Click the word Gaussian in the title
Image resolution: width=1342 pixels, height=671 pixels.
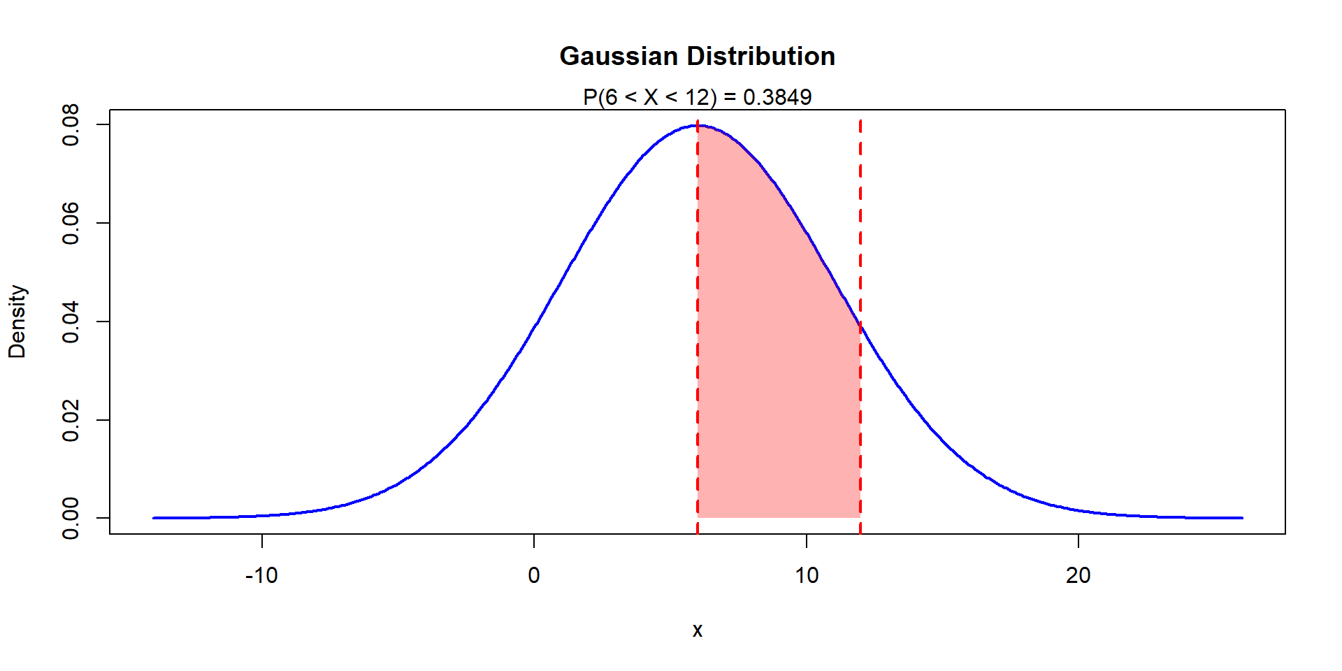coord(619,56)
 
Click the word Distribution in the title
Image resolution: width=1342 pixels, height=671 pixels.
coord(760,56)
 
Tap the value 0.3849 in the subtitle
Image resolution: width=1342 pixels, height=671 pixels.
coord(777,97)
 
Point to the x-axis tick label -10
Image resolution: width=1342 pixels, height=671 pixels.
coord(261,576)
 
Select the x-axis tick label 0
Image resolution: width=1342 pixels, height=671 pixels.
coord(534,576)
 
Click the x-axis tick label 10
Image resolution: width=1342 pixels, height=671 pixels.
coord(806,576)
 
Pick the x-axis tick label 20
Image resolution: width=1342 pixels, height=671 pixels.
coord(1078,576)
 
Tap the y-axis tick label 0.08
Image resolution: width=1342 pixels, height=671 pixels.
coord(71,125)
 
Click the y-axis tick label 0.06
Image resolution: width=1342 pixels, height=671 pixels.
coord(71,224)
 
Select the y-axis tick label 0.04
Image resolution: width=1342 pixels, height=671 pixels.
coord(71,322)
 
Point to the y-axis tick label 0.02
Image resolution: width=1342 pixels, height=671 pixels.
coord(71,420)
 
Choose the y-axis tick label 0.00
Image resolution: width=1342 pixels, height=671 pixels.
coord(71,518)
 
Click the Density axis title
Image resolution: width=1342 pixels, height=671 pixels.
coord(17,322)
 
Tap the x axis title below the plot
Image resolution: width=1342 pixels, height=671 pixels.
coord(697,630)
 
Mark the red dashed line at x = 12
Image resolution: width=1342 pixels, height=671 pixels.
coord(860,419)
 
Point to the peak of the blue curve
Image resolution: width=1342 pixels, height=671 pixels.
coord(698,126)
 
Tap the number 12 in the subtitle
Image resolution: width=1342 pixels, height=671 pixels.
coord(697,97)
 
